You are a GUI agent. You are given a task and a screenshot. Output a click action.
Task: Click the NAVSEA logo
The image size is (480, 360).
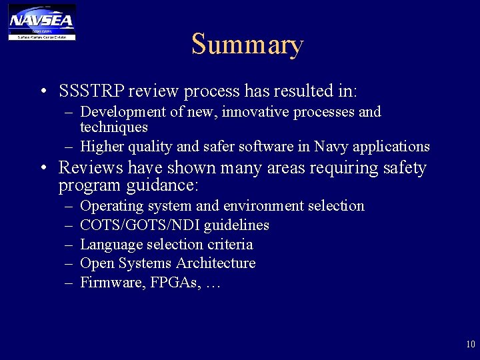tap(42, 22)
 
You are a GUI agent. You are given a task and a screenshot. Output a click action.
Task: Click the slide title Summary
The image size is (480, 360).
tap(247, 45)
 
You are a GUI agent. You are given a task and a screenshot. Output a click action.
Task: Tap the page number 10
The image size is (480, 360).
tap(471, 344)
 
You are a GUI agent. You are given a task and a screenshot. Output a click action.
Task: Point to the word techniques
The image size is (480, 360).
tap(114, 127)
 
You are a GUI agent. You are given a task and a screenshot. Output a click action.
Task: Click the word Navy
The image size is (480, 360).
tap(330, 146)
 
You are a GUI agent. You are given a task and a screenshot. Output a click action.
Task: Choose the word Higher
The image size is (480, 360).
tap(102, 146)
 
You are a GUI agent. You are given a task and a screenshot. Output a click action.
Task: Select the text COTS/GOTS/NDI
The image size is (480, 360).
tap(145, 225)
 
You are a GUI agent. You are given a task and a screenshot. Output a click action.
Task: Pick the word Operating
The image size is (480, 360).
tap(111, 207)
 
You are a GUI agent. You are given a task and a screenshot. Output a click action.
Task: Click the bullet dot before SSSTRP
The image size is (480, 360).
tap(43, 91)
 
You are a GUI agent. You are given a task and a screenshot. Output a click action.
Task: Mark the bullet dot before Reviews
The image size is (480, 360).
tap(43, 169)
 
